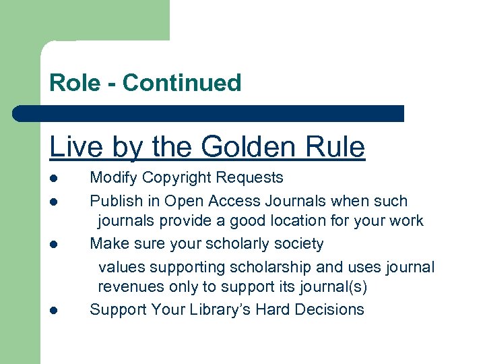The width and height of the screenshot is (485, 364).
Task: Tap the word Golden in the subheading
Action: (x=247, y=147)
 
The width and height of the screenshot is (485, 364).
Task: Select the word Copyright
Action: (x=176, y=178)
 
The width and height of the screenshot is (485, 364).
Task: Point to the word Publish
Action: (x=116, y=201)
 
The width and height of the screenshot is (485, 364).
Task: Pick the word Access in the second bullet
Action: (x=250, y=201)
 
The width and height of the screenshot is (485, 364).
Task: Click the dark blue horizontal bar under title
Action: (x=209, y=113)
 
